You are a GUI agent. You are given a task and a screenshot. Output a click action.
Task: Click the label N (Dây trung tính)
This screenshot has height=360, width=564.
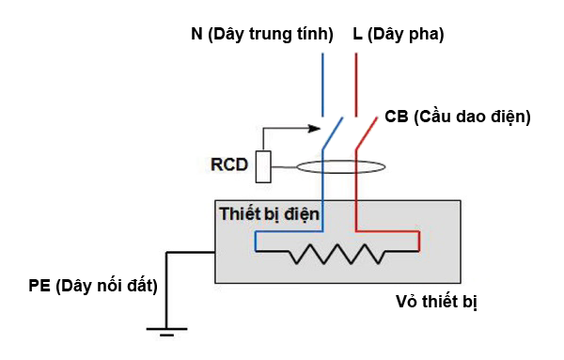[262, 35]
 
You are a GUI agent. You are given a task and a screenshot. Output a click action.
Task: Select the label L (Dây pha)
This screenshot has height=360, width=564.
[398, 35]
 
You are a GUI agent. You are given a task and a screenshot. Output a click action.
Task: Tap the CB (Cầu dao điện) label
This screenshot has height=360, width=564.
[458, 117]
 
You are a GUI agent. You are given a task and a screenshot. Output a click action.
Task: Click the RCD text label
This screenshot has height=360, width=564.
[229, 166]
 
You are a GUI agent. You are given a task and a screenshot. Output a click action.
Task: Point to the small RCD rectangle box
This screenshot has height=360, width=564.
[265, 166]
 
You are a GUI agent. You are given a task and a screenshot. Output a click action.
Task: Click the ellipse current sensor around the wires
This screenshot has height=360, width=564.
[339, 169]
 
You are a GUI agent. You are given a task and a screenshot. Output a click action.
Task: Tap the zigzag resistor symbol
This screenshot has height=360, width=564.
[337, 252]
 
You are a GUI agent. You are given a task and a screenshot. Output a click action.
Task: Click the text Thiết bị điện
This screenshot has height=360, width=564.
[270, 214]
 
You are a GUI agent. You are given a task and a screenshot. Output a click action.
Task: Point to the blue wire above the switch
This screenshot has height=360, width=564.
[323, 85]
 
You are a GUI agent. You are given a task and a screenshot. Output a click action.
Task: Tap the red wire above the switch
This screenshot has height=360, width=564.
[356, 85]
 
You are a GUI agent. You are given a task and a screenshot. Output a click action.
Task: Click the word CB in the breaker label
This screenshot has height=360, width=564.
[396, 117]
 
